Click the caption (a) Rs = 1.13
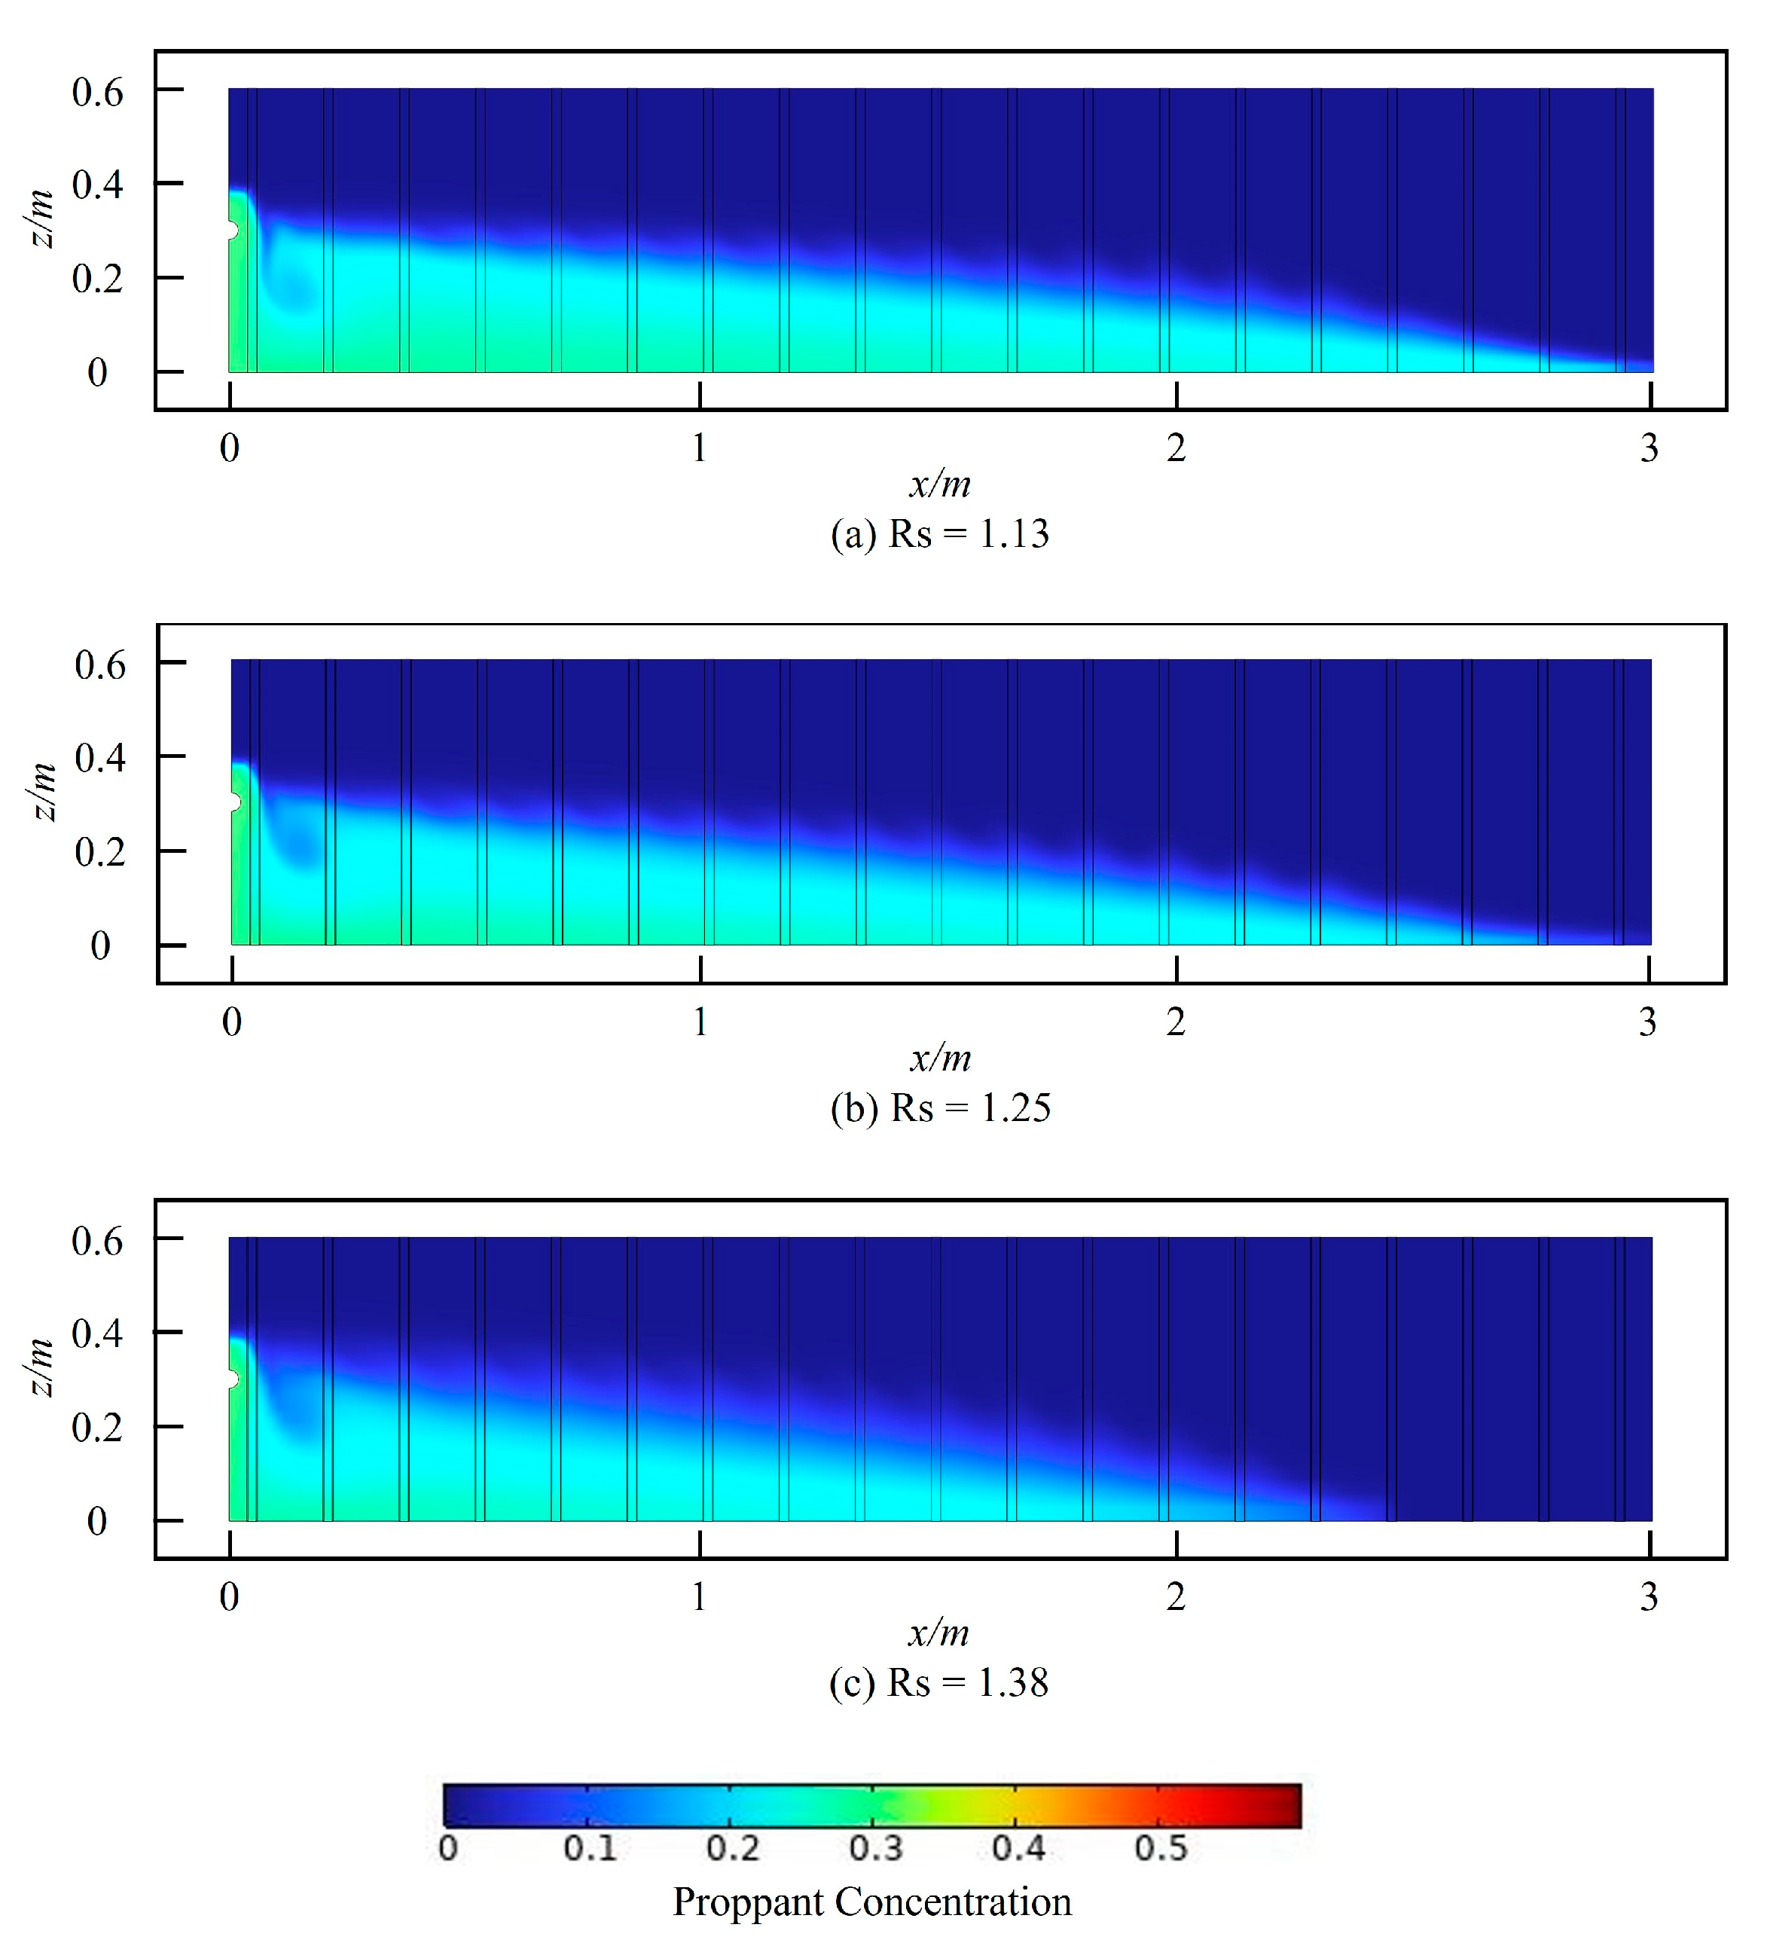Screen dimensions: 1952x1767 (x=939, y=533)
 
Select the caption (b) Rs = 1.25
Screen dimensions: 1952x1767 (x=940, y=1107)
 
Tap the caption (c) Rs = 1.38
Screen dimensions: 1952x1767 (x=938, y=1683)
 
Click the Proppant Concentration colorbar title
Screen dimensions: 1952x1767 (x=872, y=1902)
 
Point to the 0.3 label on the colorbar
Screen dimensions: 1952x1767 (x=875, y=1848)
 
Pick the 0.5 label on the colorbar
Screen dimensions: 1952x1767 (x=1161, y=1848)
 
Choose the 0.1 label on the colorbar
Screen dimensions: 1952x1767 (x=590, y=1848)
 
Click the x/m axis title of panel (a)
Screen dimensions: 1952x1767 (x=939, y=483)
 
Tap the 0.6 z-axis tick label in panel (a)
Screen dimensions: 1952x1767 (x=98, y=92)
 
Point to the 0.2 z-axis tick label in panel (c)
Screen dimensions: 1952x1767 (x=97, y=1427)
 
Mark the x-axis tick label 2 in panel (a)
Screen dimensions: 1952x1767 (x=1176, y=448)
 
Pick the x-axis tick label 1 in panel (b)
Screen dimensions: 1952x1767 (x=700, y=1022)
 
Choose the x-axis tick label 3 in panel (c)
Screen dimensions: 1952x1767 (x=1649, y=1596)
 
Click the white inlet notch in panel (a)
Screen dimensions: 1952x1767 (x=231, y=231)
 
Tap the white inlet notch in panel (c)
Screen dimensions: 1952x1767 (x=231, y=1379)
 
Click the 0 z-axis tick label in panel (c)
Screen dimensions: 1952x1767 (x=97, y=1521)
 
